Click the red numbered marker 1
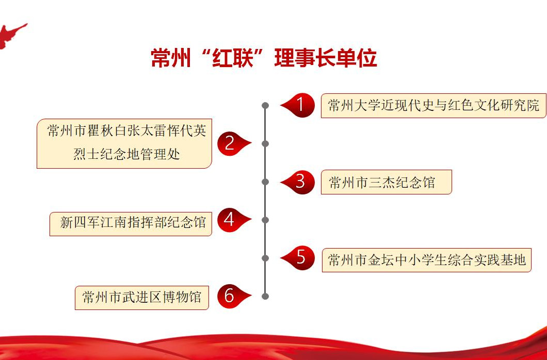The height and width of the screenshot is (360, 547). point(298,105)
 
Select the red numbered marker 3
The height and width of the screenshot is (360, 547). point(298,182)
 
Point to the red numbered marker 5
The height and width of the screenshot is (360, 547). point(298,258)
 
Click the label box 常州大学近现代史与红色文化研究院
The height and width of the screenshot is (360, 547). point(433,106)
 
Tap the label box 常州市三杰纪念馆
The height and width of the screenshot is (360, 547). point(386,182)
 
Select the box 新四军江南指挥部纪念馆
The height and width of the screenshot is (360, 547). point(131,224)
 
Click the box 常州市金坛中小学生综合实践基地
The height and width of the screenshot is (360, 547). point(426,260)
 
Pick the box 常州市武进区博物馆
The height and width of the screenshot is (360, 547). point(141,298)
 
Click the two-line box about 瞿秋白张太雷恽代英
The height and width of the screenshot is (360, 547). point(124,143)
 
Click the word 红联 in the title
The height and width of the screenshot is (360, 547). point(232,58)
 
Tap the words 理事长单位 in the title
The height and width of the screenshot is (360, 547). point(326,58)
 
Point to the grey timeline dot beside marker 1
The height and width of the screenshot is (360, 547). point(265,105)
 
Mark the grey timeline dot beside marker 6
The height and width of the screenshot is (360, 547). point(265,296)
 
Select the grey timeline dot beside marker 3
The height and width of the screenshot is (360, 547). point(265,182)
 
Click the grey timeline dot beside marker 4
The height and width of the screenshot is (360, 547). point(265,220)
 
